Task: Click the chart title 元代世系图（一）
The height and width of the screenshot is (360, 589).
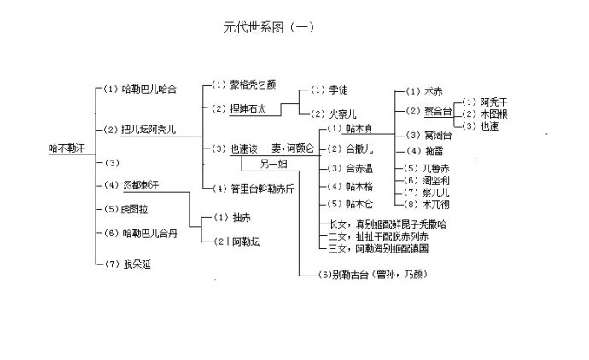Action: click(267, 26)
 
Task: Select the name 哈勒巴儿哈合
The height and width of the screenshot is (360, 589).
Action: click(149, 88)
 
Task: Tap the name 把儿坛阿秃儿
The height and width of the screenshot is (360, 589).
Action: click(149, 129)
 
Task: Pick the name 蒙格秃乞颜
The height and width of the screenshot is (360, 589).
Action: click(253, 85)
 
